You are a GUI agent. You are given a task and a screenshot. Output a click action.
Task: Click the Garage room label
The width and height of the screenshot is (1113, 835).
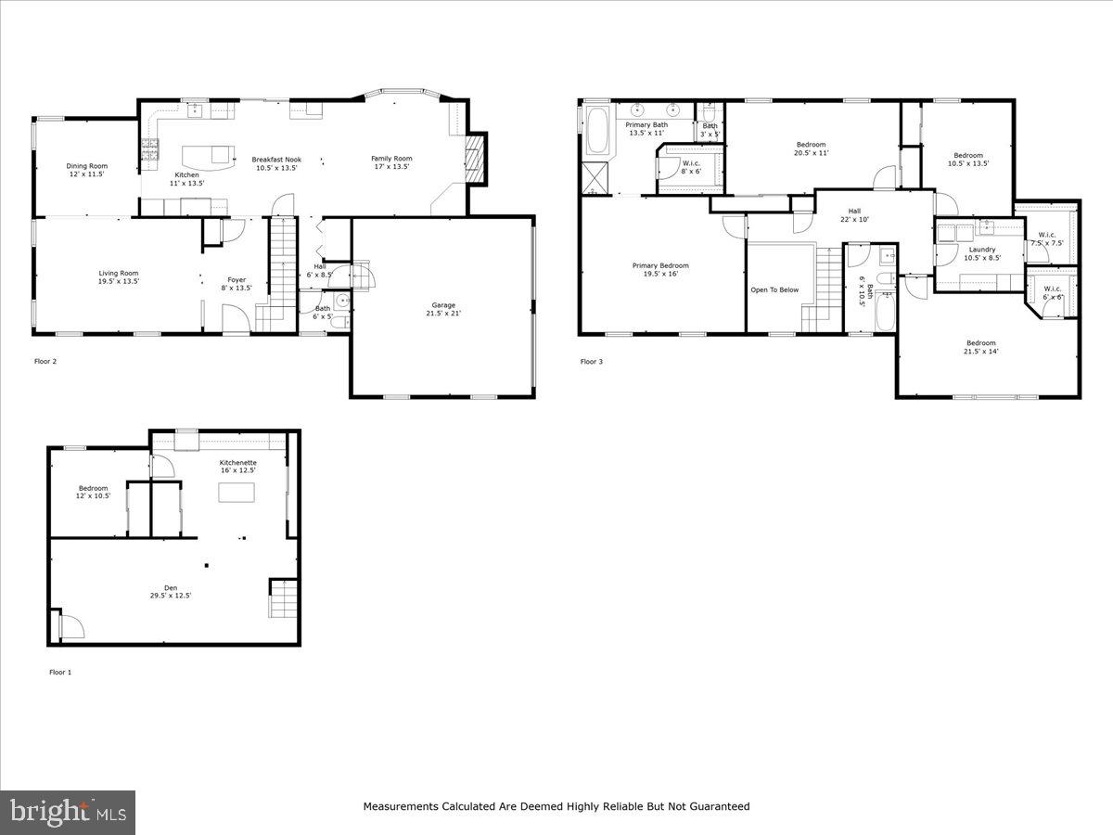442,305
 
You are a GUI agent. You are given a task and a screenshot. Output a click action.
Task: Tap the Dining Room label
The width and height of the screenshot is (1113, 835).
86,166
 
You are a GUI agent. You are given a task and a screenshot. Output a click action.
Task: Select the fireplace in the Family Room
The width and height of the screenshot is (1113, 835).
475,160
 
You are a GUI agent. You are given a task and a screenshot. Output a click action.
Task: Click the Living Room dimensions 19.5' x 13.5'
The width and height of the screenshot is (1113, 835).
119,281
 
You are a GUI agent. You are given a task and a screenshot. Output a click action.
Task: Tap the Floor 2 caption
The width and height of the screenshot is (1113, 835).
45,362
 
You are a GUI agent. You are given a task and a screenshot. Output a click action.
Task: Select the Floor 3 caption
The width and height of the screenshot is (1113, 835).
592,362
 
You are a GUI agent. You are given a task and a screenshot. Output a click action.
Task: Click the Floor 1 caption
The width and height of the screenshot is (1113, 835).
60,672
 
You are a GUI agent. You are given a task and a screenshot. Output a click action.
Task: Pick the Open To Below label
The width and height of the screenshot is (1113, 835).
774,289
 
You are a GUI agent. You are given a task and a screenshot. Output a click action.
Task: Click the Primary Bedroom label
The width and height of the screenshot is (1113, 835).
660,265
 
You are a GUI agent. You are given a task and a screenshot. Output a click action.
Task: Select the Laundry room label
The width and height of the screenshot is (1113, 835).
981,250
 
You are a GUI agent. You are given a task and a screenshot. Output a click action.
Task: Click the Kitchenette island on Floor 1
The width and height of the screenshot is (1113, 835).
236,492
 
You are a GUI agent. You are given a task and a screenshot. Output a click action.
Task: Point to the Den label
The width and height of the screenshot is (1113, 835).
171,587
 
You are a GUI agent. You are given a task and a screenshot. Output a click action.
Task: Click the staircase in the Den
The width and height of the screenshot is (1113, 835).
282,598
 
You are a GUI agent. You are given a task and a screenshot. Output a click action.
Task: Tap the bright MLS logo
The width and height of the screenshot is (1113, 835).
68,813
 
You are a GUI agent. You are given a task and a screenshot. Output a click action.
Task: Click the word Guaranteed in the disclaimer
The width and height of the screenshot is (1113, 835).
714,806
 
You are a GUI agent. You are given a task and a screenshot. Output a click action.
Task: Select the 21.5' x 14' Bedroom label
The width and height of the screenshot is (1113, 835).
980,342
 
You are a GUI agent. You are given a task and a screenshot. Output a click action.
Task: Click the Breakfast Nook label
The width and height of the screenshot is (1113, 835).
276,160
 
